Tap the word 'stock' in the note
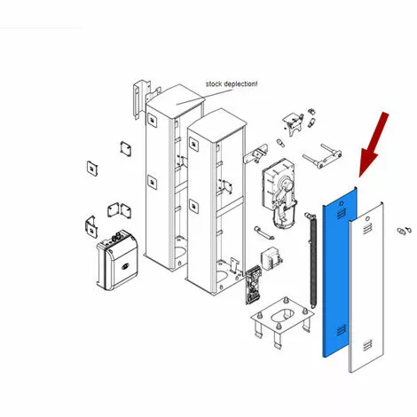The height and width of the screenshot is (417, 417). coord(214,84)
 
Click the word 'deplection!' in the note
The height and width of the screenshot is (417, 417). coord(240,84)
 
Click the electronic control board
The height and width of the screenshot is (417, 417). coord(254,286)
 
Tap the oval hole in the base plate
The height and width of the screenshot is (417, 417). coord(283,316)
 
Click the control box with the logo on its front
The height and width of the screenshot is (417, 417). coord(117,261)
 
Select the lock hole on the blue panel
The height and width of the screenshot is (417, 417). coord(342,203)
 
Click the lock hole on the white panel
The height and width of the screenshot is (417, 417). coord(367,219)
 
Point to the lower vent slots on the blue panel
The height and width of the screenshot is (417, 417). coord(342,330)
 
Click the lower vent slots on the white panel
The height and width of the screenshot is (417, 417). coord(367,345)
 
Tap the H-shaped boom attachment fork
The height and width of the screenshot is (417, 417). coord(322,156)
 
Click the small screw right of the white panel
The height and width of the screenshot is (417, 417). coord(405,230)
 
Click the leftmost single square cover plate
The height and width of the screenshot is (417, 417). coord(92,169)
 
